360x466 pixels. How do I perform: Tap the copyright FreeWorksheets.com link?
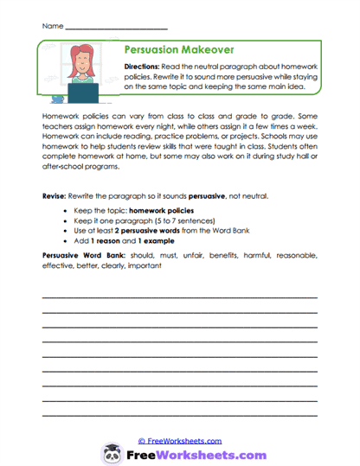coord(179,440)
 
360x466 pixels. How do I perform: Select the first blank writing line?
coord(179,297)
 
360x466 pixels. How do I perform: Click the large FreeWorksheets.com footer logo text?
coord(191,454)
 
